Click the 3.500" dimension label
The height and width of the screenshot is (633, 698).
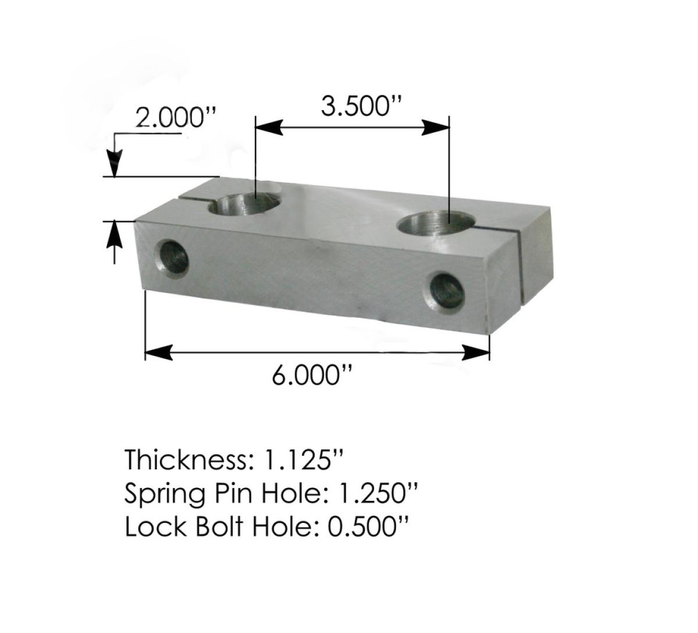click(354, 107)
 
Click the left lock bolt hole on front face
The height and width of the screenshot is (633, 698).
click(174, 257)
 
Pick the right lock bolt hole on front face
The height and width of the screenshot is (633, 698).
click(447, 291)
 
